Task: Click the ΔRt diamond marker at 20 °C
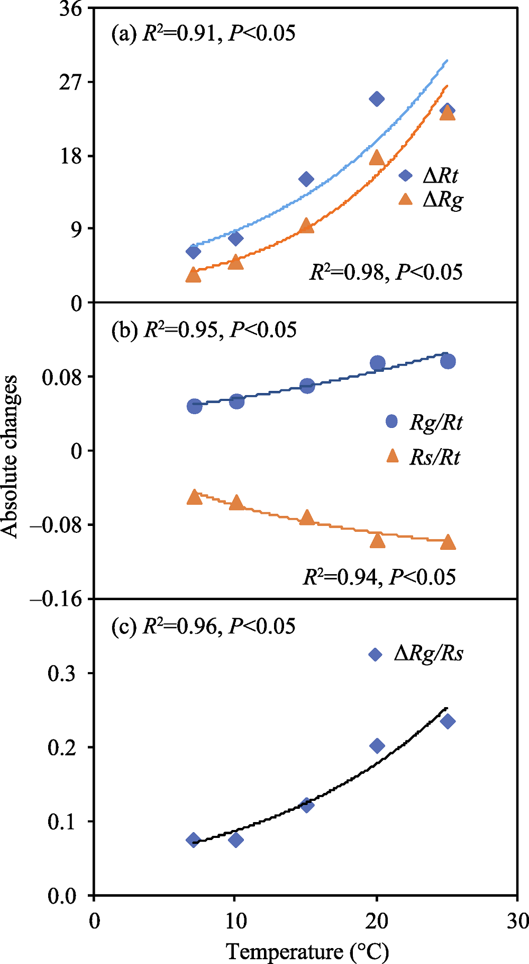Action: (x=377, y=99)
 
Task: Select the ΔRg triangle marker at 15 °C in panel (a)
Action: (x=306, y=226)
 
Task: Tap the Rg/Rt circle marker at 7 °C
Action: (x=195, y=406)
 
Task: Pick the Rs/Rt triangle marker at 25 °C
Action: (x=448, y=542)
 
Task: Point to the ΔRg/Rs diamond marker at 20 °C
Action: (x=377, y=746)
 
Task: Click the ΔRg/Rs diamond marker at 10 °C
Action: (x=236, y=840)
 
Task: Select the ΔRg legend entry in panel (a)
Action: (x=432, y=200)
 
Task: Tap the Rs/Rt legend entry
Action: (x=424, y=457)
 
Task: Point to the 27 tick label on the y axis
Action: (x=71, y=82)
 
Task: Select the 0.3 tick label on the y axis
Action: (x=62, y=674)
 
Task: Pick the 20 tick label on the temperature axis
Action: (x=377, y=921)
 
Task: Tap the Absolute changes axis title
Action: (x=11, y=457)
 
